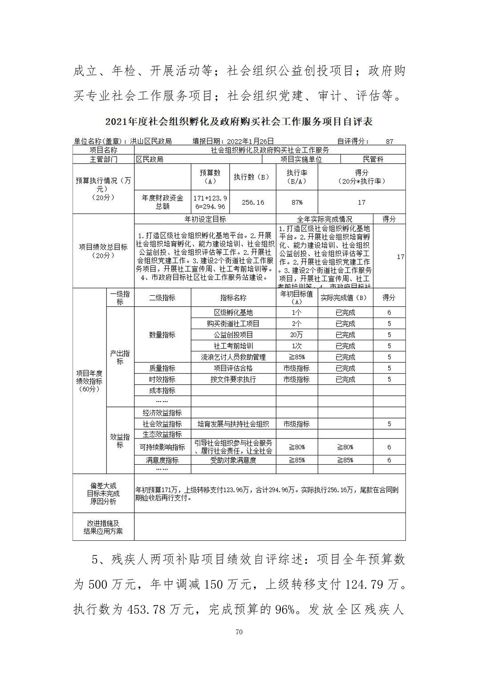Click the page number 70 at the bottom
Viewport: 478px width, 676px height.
239,632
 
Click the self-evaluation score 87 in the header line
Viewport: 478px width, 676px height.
389,141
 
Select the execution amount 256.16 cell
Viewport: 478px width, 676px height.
253,202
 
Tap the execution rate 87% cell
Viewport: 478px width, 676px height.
297,202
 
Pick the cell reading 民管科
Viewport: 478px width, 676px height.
373,159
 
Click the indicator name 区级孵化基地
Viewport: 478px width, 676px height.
233,313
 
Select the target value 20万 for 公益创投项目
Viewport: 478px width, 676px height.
297,335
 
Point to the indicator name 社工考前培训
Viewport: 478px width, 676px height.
233,346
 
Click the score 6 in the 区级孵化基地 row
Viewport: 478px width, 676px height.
389,313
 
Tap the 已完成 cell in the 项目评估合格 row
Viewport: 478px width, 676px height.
345,368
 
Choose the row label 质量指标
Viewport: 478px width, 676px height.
162,368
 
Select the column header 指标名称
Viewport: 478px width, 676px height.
233,298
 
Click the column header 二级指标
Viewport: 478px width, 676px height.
162,298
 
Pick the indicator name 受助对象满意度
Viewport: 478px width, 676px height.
233,460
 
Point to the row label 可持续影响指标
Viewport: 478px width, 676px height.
162,447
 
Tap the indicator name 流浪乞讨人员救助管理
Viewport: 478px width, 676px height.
233,357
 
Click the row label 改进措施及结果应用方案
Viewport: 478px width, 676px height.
103,527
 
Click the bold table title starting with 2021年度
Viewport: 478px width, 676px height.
239,121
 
